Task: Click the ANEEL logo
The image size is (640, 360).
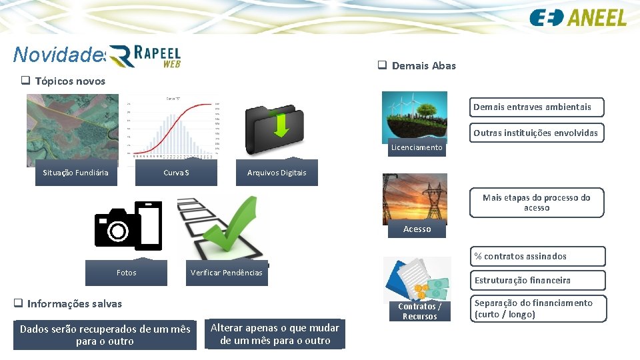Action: click(578, 17)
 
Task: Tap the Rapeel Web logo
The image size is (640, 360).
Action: click(145, 56)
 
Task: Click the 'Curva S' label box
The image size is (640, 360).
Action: click(177, 173)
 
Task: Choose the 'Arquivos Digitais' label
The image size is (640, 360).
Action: click(277, 173)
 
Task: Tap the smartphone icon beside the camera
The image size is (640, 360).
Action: click(151, 225)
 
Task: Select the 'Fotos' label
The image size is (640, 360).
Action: click(126, 272)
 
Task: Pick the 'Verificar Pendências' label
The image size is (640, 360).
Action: click(226, 272)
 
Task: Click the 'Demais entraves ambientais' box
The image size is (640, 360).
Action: click(532, 107)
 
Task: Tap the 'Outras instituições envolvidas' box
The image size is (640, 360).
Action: click(535, 133)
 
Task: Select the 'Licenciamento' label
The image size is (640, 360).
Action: click(417, 147)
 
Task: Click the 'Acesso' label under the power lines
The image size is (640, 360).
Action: click(417, 229)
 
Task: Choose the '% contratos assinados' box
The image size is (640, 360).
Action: click(538, 256)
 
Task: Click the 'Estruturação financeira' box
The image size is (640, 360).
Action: click(538, 280)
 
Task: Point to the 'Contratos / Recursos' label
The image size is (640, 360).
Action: click(419, 311)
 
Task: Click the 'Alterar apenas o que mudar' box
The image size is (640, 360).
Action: click(275, 333)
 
